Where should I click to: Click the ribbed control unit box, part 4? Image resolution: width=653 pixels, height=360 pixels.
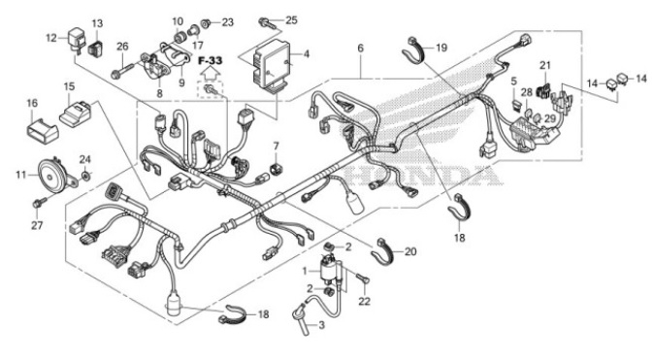coord(266,61)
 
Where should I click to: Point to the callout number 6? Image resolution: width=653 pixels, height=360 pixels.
coord(360,48)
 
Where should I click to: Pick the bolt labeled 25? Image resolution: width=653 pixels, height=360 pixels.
coord(265,21)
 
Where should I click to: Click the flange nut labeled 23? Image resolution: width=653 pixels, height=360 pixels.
coord(208,21)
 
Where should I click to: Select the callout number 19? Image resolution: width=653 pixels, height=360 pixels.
coord(441,47)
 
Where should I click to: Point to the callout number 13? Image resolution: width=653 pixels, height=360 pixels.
coord(97,23)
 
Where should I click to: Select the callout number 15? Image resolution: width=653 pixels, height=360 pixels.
coord(69,87)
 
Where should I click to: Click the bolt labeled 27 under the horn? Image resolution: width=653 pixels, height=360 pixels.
coord(39,202)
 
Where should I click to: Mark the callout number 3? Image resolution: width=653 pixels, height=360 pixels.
coord(322,325)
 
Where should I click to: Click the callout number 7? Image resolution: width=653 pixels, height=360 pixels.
coord(276,147)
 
